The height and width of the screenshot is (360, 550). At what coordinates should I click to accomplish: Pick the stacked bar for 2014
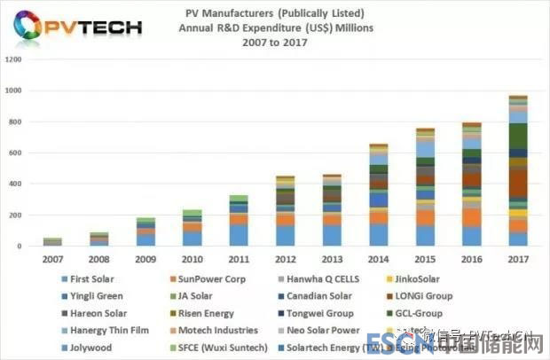pos(379,195)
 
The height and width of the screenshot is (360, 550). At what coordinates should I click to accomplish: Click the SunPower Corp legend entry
pos(212,279)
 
